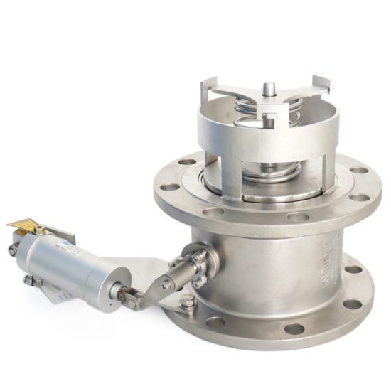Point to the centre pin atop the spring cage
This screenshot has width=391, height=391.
(x=269, y=88)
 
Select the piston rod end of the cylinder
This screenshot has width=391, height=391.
(x=117, y=290)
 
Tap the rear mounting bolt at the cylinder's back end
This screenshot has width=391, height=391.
(x=13, y=250)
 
